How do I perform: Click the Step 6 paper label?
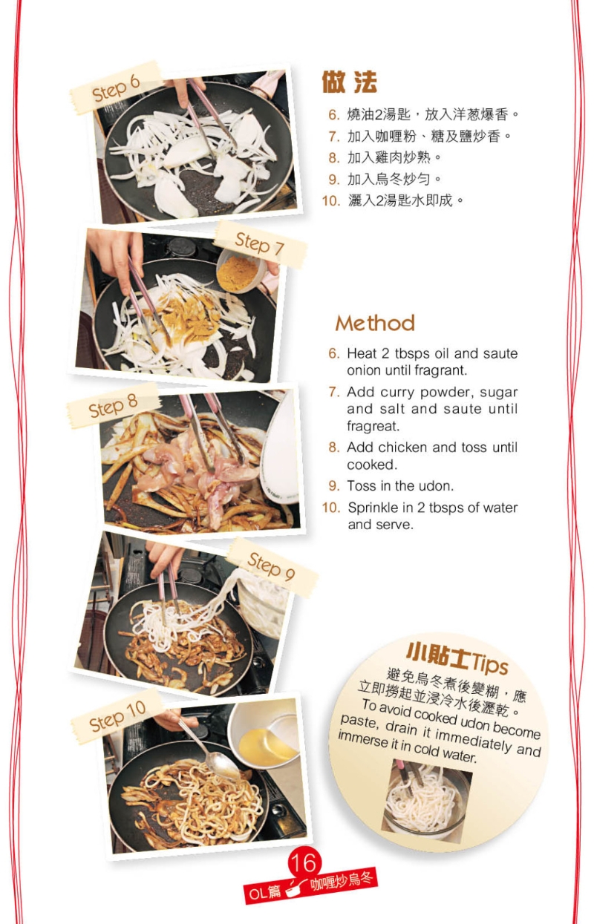[x=116, y=88]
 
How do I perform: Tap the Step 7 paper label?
[x=259, y=243]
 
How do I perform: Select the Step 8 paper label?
[x=113, y=407]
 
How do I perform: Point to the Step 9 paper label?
[x=271, y=567]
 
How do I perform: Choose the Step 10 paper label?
[x=117, y=715]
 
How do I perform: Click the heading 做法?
[x=349, y=82]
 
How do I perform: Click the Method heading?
[x=374, y=323]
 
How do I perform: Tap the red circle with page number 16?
[x=304, y=862]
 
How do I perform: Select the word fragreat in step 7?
[x=373, y=427]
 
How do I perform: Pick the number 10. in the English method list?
[x=330, y=508]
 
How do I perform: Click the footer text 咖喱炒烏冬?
[x=343, y=881]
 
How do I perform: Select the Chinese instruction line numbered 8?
[x=386, y=157]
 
